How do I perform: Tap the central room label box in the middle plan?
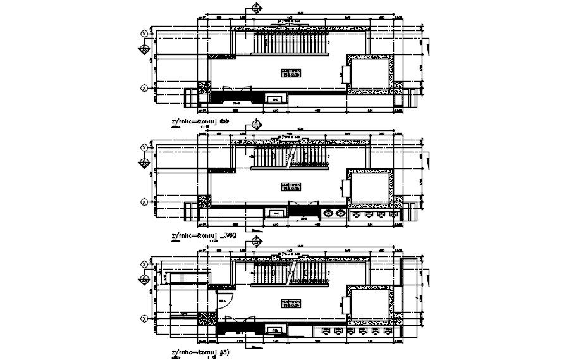pyautogui.click(x=290, y=186)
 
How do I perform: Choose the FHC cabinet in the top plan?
pyautogui.click(x=276, y=100)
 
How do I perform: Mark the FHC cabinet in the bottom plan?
pyautogui.click(x=276, y=330)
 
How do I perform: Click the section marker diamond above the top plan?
pyautogui.click(x=256, y=9)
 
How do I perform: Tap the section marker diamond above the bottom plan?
pyautogui.click(x=256, y=240)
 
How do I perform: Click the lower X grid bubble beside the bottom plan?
pyautogui.click(x=145, y=318)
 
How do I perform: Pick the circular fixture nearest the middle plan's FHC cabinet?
pyautogui.click(x=328, y=213)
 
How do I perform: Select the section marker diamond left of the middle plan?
pyautogui.click(x=145, y=163)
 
